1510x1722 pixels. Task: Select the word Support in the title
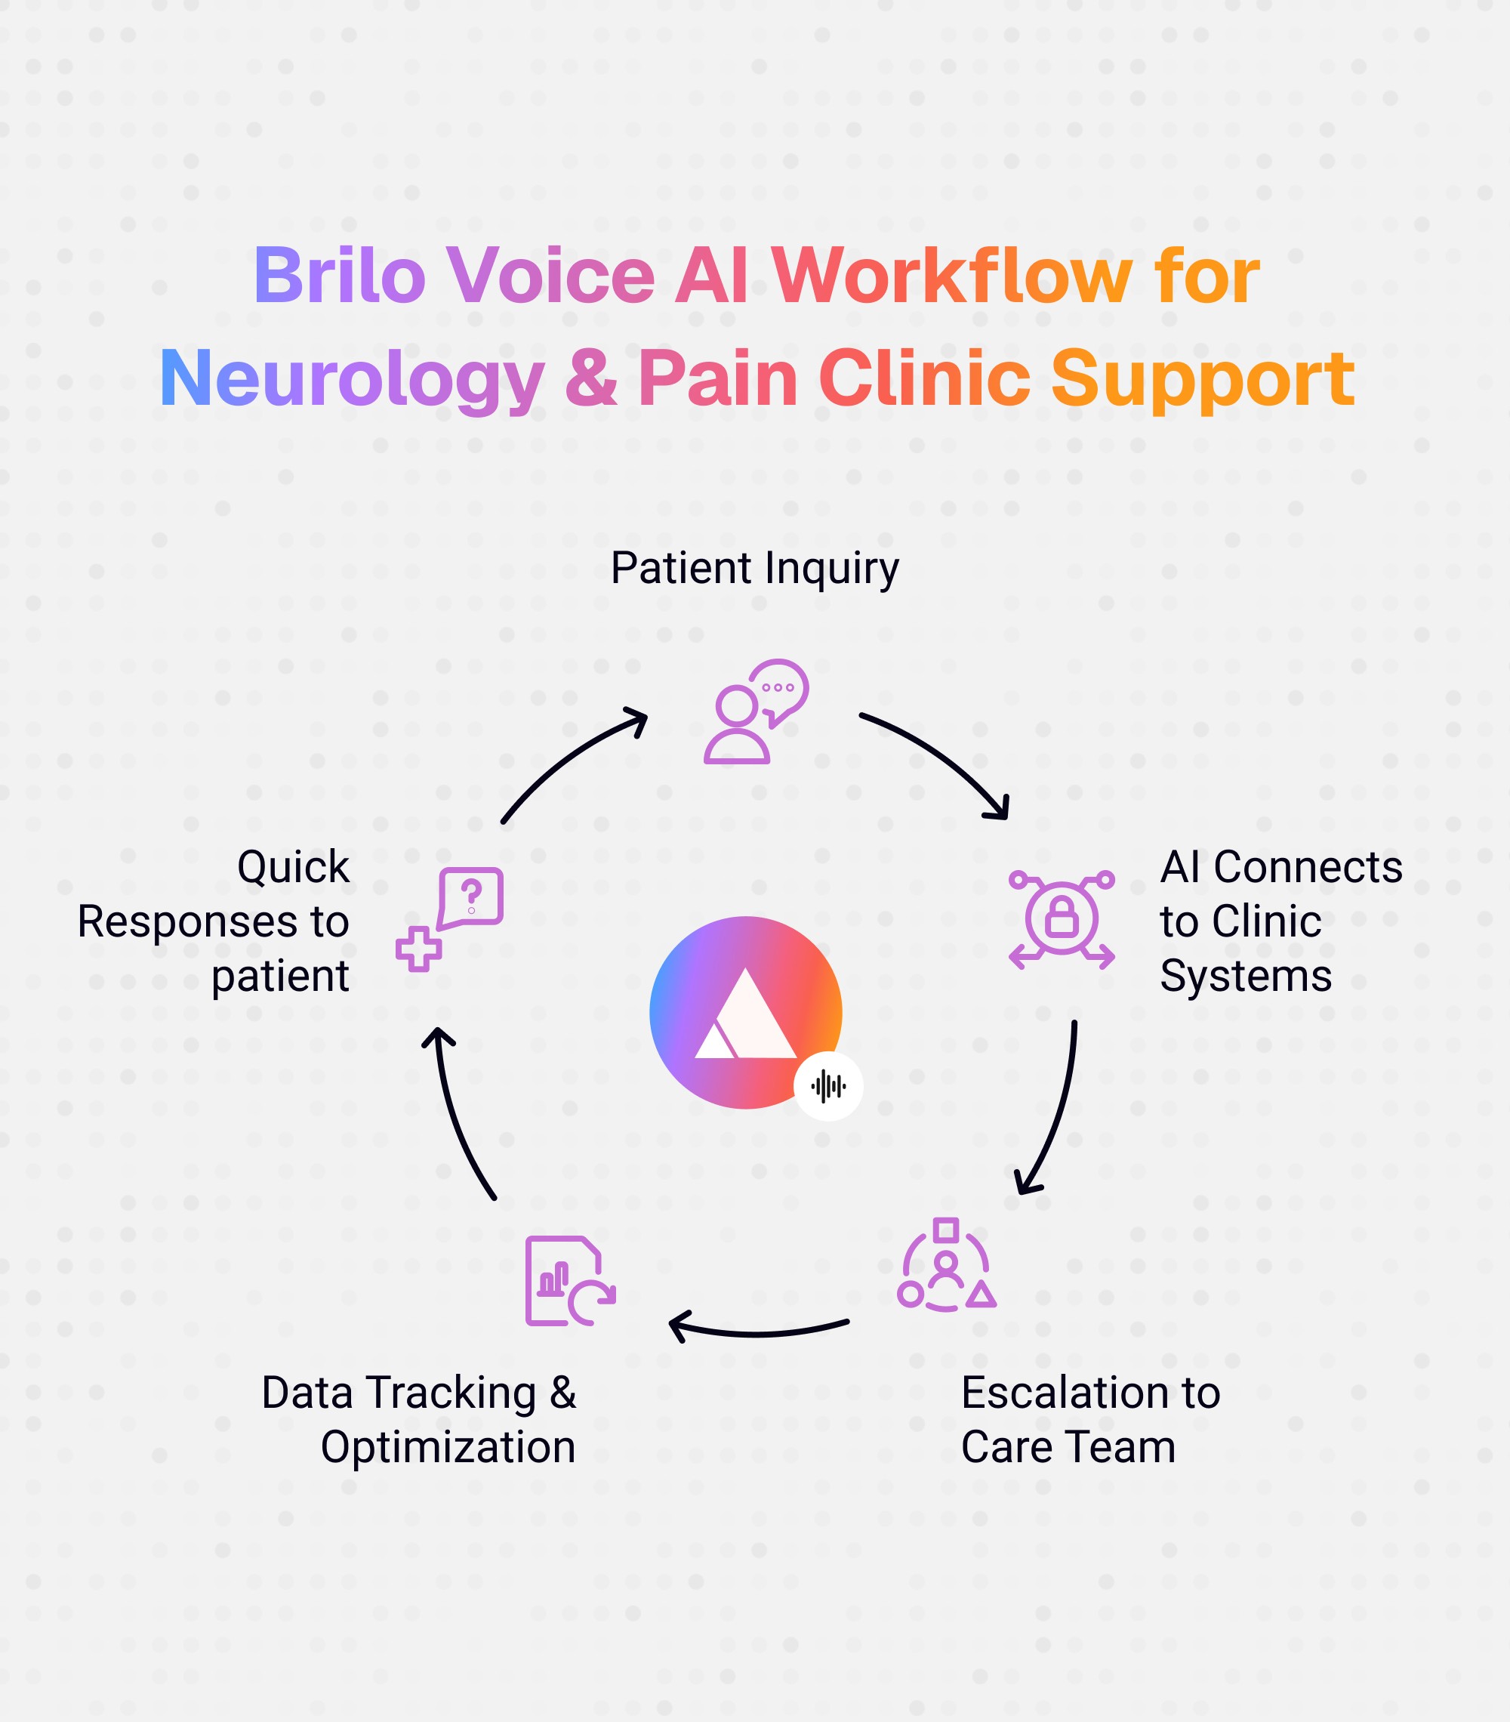(x=1202, y=379)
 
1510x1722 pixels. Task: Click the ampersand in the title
(x=590, y=378)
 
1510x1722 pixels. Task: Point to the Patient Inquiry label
(x=754, y=568)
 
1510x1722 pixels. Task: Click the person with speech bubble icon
(x=756, y=712)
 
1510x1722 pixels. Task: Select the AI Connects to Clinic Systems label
(x=1280, y=921)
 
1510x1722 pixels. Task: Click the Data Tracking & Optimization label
(x=418, y=1420)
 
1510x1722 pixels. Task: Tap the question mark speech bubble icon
(x=471, y=897)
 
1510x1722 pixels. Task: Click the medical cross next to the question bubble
(x=418, y=949)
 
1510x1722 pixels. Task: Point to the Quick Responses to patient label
(x=214, y=921)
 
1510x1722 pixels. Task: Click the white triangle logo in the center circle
(x=745, y=1015)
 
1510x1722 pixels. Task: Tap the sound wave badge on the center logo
(x=827, y=1086)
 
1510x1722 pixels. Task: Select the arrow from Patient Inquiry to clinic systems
(x=939, y=759)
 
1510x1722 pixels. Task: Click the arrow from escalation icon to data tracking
(x=758, y=1330)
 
